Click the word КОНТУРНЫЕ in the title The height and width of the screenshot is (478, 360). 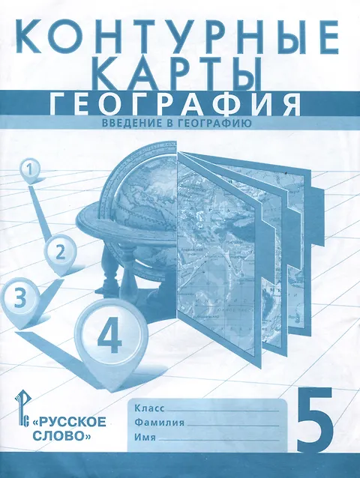pos(181,36)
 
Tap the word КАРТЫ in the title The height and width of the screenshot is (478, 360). pos(180,73)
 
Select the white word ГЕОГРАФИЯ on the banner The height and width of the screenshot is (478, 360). pos(175,105)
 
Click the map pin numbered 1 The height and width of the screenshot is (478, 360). pos(29,171)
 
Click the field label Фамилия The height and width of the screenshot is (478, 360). pos(159,423)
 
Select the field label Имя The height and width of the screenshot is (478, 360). pos(145,438)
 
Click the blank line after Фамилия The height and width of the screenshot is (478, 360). pos(232,426)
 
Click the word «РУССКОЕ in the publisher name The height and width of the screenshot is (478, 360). pos(69,423)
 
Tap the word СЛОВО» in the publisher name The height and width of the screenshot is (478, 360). pos(61,436)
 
